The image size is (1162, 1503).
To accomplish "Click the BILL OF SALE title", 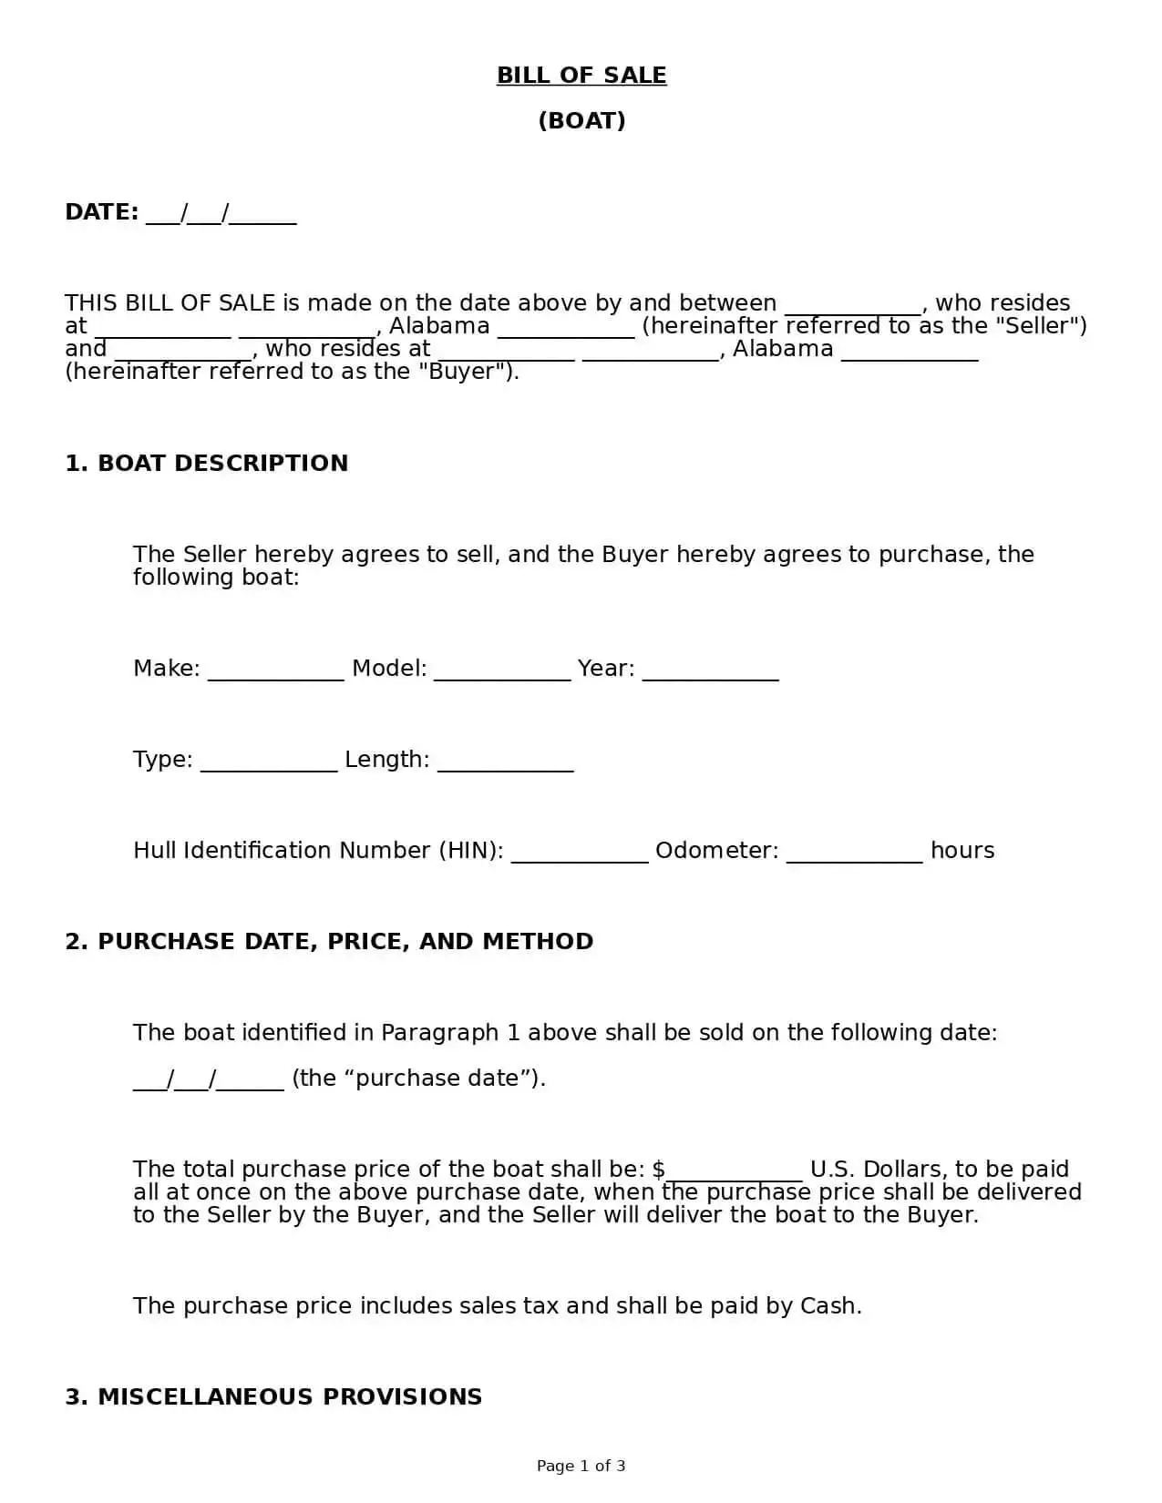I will tap(581, 76).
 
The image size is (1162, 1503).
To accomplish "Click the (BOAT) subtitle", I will tap(581, 121).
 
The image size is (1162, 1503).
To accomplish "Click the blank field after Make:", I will tap(276, 670).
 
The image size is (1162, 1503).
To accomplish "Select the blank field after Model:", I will tap(502, 670).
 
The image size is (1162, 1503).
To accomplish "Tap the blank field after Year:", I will tap(711, 670).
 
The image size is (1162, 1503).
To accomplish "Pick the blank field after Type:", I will tap(269, 762).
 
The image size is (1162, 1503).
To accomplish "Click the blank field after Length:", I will tap(506, 762).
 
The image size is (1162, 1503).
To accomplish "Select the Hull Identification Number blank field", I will tap(580, 853).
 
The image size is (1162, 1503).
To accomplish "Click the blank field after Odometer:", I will tap(855, 853).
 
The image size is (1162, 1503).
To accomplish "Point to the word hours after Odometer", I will tap(962, 851).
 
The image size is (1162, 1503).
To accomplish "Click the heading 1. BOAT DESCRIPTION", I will tap(207, 464).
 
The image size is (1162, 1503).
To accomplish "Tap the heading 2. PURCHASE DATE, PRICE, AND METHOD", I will tap(329, 942).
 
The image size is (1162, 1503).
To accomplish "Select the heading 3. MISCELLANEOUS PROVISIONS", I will tap(273, 1397).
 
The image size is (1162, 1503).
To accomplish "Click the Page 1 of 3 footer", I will tap(581, 1466).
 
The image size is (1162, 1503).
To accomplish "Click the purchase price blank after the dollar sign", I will tap(735, 1171).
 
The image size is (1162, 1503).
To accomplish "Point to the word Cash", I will tap(828, 1306).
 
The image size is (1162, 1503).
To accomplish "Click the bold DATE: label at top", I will tap(101, 212).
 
